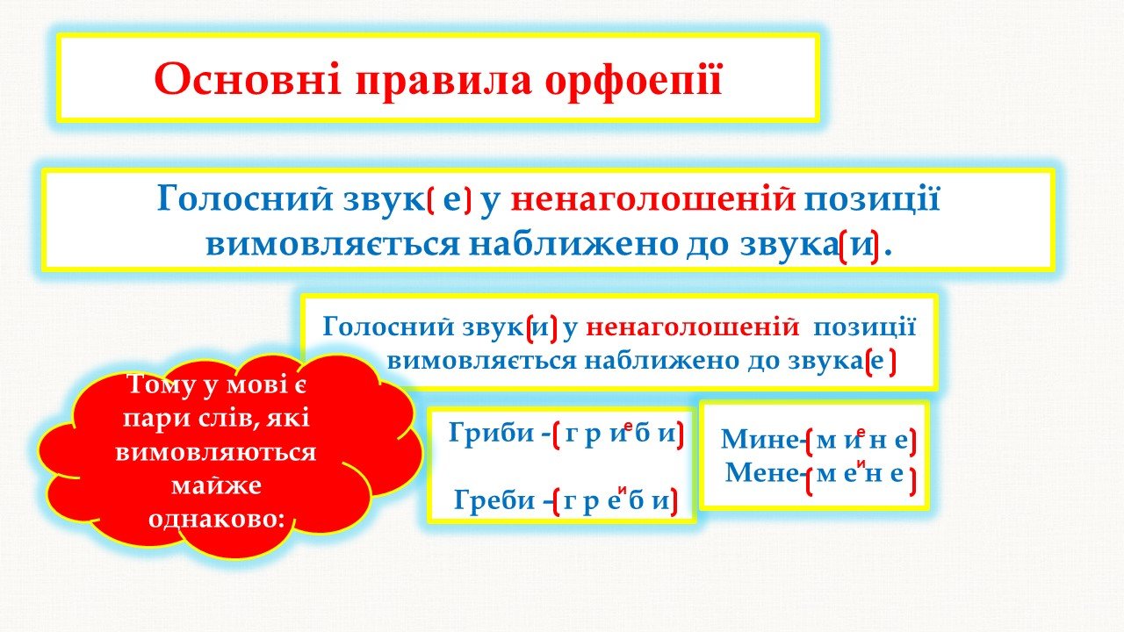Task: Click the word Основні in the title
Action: (248, 80)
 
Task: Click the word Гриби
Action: (491, 433)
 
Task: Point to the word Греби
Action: (494, 500)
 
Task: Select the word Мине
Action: (760, 440)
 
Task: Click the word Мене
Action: (761, 472)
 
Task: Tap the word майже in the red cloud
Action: (216, 485)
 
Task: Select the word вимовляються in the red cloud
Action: (216, 452)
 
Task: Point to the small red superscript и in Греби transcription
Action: (623, 490)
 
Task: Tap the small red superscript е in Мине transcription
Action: (861, 431)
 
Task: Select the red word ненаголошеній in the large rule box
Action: (653, 199)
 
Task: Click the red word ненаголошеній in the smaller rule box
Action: (693, 327)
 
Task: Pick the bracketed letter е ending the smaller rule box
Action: (880, 362)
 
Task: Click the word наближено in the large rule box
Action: (573, 245)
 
